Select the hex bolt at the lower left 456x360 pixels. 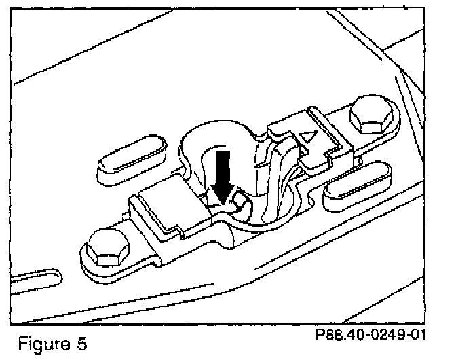pyautogui.click(x=107, y=248)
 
